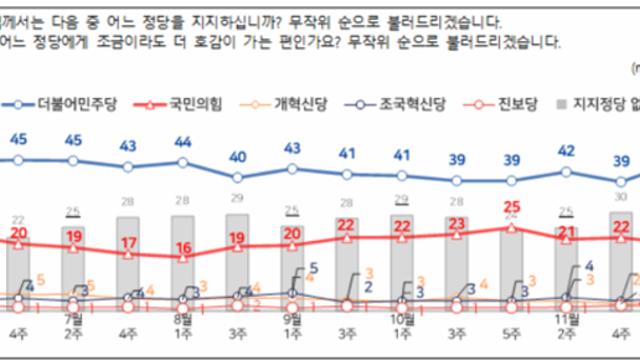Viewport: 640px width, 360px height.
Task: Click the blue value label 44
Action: click(x=182, y=142)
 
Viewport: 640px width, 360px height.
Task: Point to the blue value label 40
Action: click(x=237, y=156)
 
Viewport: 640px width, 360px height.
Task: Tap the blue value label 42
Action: click(x=567, y=150)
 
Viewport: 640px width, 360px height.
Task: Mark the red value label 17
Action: click(x=127, y=242)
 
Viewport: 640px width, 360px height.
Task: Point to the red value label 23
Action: click(x=457, y=222)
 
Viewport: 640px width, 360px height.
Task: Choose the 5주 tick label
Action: click(x=513, y=335)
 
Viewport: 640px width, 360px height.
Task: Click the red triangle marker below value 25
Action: click(x=513, y=227)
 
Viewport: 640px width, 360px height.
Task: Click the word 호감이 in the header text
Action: click(x=222, y=42)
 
